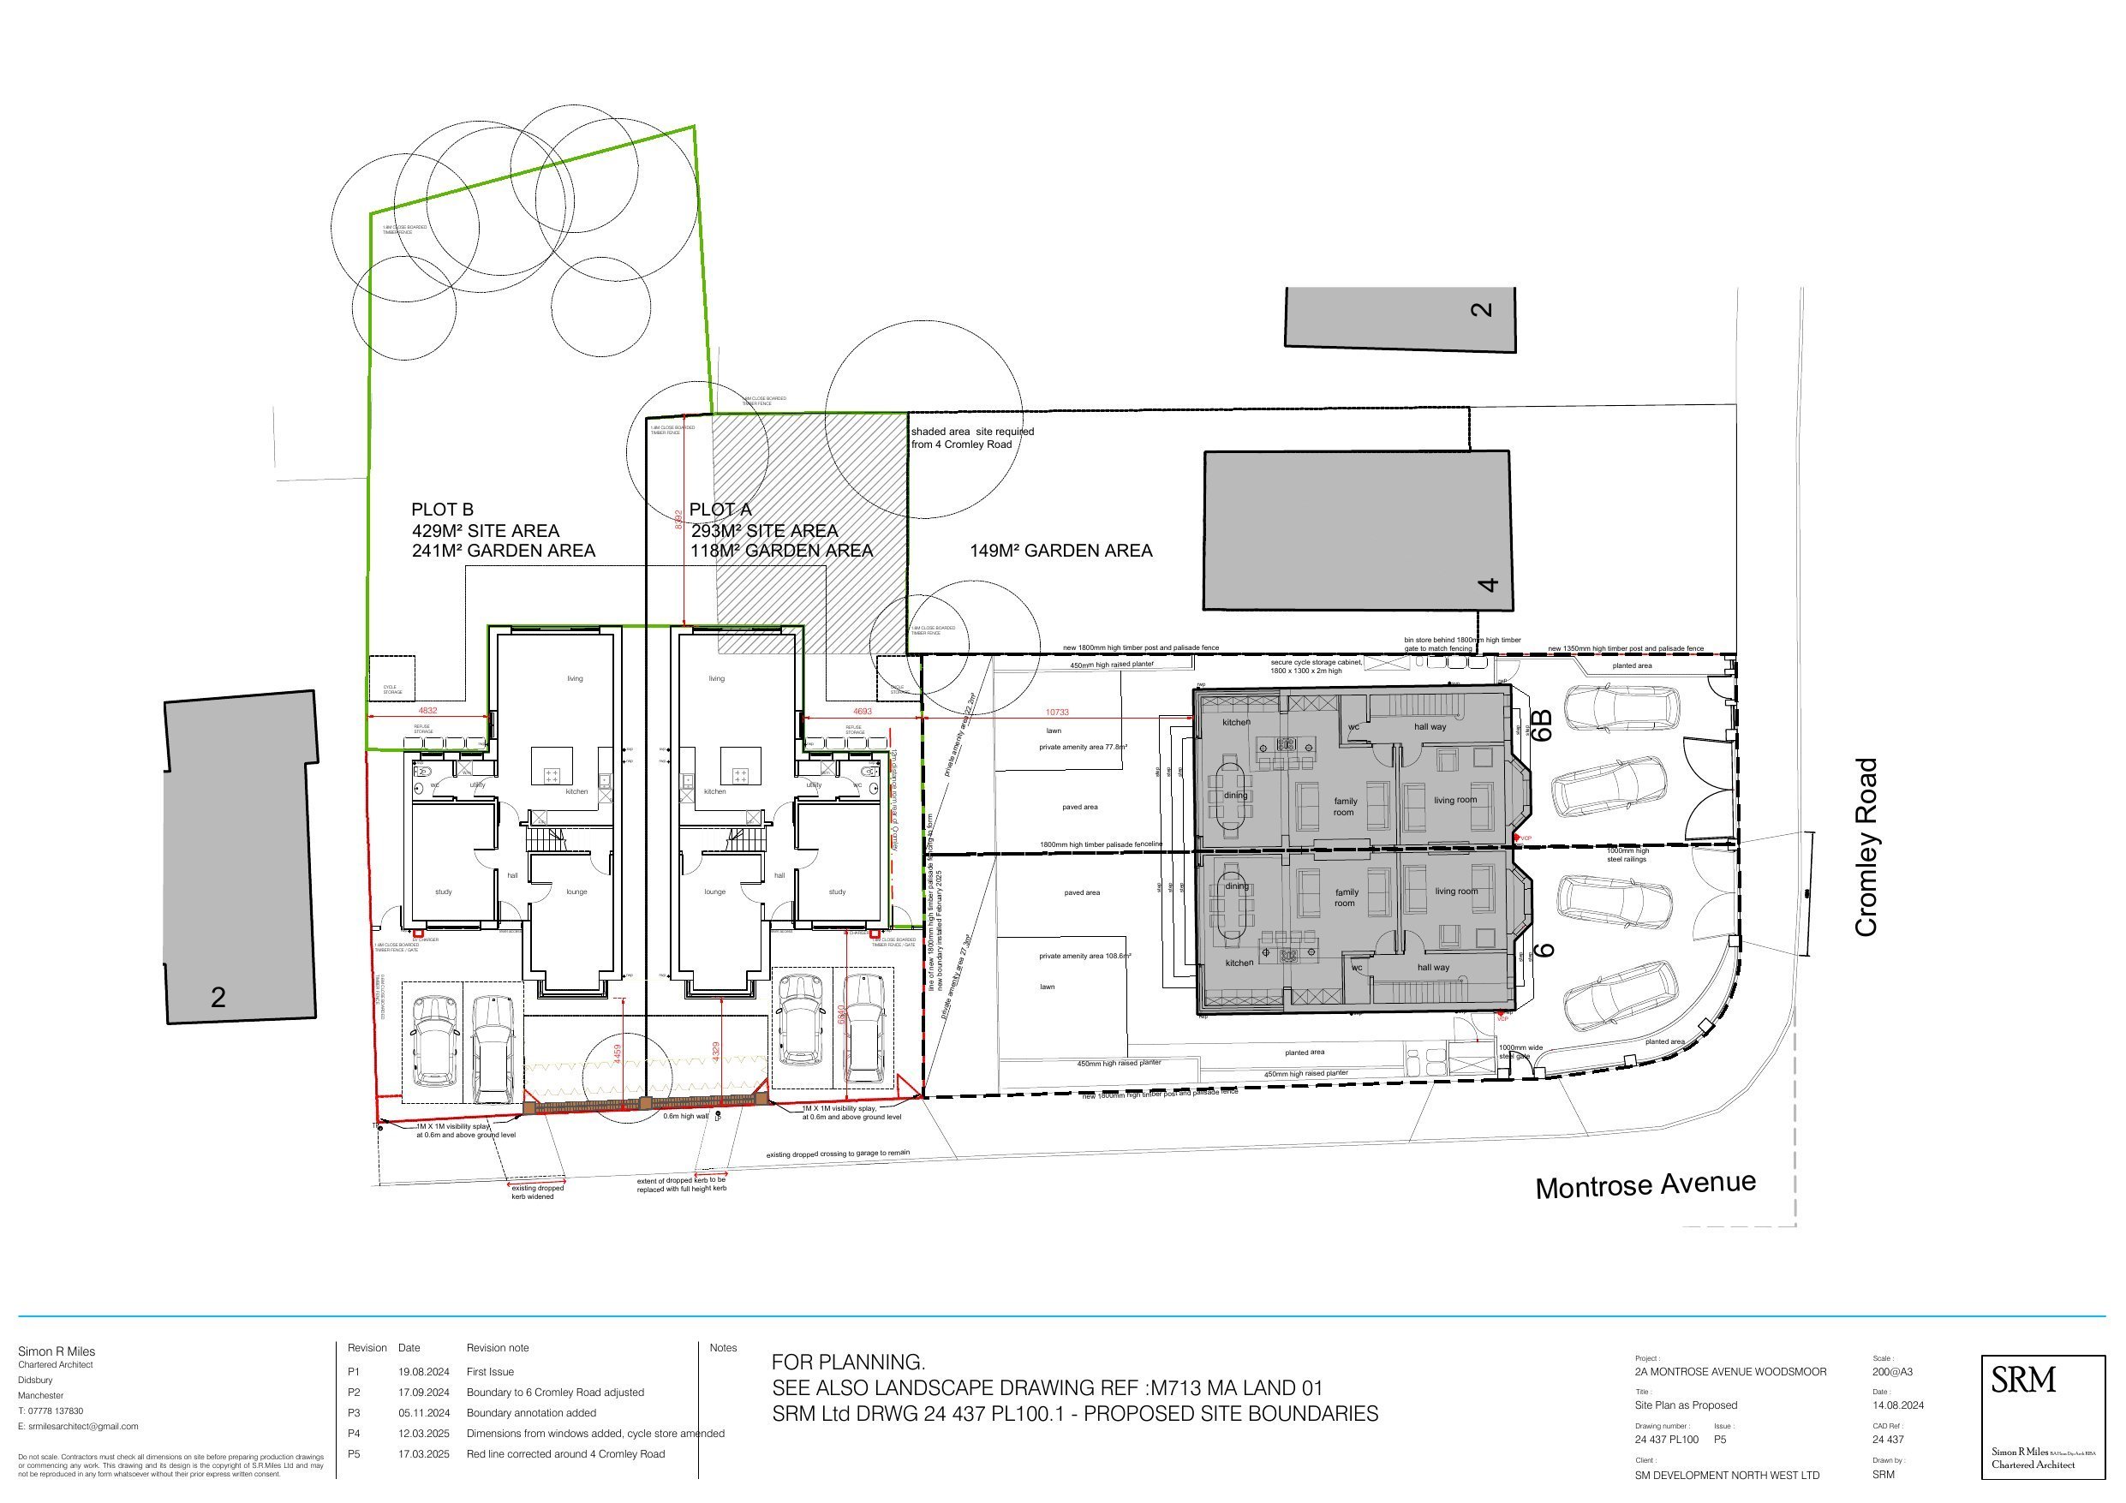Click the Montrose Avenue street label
click(x=1645, y=1185)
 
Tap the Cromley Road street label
click(x=1866, y=847)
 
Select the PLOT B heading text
click(x=442, y=510)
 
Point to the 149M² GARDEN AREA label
click(x=1060, y=550)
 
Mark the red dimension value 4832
click(x=427, y=711)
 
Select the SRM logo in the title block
click(x=2023, y=1381)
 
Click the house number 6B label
click(x=1541, y=725)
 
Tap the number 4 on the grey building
click(x=1487, y=584)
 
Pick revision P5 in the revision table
click(x=354, y=1454)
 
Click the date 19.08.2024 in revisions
click(x=423, y=1371)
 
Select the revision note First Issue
click(x=490, y=1371)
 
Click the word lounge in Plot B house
click(x=576, y=892)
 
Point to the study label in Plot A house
click(x=836, y=892)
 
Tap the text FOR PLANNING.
click(x=847, y=1363)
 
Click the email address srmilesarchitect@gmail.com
click(x=78, y=1426)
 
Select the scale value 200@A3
click(x=1892, y=1371)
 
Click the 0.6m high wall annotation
click(x=685, y=1116)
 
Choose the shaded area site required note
click(x=972, y=437)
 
